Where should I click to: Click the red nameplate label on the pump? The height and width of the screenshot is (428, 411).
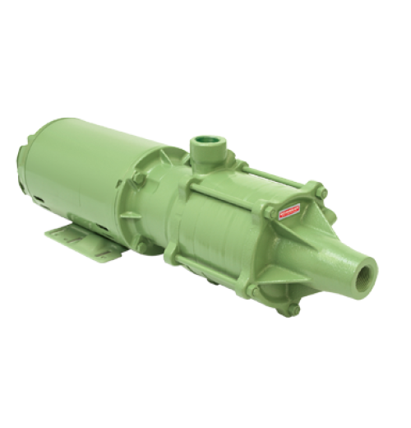pos(289,212)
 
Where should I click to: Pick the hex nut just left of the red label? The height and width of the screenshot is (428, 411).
pos(270,212)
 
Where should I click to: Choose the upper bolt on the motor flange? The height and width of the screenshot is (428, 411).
pos(141,178)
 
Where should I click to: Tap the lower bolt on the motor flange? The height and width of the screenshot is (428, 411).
pos(144,245)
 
